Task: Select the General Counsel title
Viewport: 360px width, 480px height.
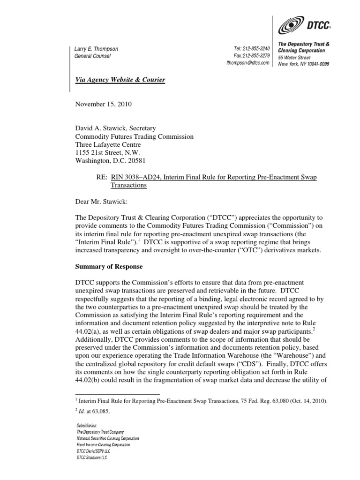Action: (92, 56)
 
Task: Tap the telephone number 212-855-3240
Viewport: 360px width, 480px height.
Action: (256, 49)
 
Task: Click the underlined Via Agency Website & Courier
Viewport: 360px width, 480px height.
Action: (120, 80)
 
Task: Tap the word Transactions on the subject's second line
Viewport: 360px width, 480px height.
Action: (128, 185)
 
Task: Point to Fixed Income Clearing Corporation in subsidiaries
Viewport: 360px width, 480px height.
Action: (104, 444)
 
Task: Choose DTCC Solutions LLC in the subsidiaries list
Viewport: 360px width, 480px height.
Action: (92, 457)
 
